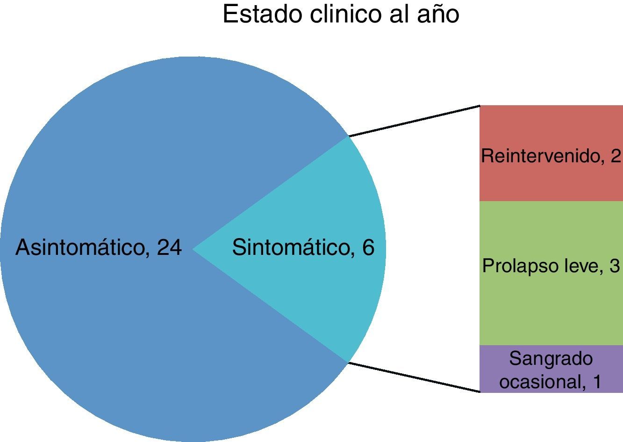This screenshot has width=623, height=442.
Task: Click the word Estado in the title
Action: (262, 14)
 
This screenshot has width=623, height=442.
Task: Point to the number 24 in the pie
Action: (169, 247)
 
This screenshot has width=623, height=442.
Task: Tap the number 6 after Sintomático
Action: (368, 247)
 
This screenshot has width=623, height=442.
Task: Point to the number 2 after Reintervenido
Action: (615, 156)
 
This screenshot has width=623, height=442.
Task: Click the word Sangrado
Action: (551, 359)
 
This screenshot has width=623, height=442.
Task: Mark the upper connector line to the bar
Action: (415, 121)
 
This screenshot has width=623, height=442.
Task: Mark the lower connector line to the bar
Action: (415, 377)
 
